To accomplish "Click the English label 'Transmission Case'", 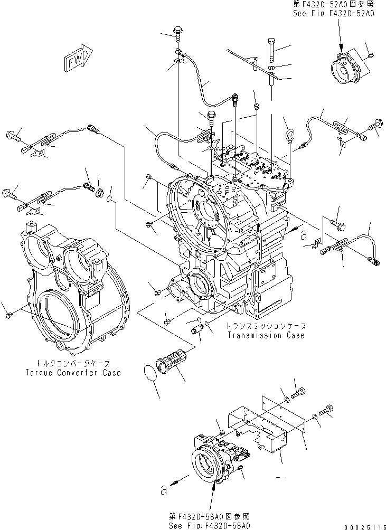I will [x=266, y=336].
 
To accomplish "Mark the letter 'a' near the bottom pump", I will [x=164, y=490].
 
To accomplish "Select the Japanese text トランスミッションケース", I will [x=266, y=326].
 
